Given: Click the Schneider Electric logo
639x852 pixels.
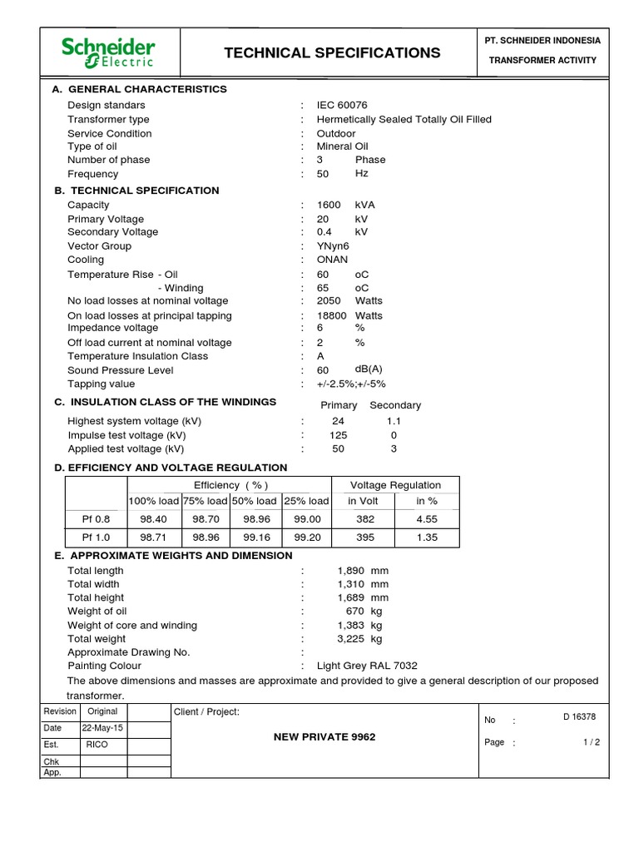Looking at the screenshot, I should tap(107, 52).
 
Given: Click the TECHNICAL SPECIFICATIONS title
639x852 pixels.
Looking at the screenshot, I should tap(332, 53).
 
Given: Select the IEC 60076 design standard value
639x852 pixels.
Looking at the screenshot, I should tap(341, 106).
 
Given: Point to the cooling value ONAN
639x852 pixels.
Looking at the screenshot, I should tap(333, 260).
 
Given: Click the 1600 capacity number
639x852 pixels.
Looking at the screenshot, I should tap(329, 205).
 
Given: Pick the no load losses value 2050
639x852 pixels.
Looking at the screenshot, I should tap(329, 301).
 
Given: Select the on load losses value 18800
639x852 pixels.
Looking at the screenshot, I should tap(332, 316).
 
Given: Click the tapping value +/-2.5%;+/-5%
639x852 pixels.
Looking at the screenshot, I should tap(351, 384).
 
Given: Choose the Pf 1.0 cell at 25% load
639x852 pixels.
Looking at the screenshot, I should tap(307, 537).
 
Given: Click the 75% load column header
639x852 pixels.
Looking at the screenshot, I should tap(206, 501).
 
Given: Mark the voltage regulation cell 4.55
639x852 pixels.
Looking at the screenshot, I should tap(427, 519).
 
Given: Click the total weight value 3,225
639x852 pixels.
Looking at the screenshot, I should tap(351, 639).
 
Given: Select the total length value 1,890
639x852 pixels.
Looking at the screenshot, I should tap(351, 571).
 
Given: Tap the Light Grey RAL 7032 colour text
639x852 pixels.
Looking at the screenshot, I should tap(367, 666).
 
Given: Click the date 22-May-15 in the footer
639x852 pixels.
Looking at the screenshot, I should tap(102, 728).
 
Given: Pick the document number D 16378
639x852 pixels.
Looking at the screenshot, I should tap(579, 716).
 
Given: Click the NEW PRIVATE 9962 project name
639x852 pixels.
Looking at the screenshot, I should tap(324, 737).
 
